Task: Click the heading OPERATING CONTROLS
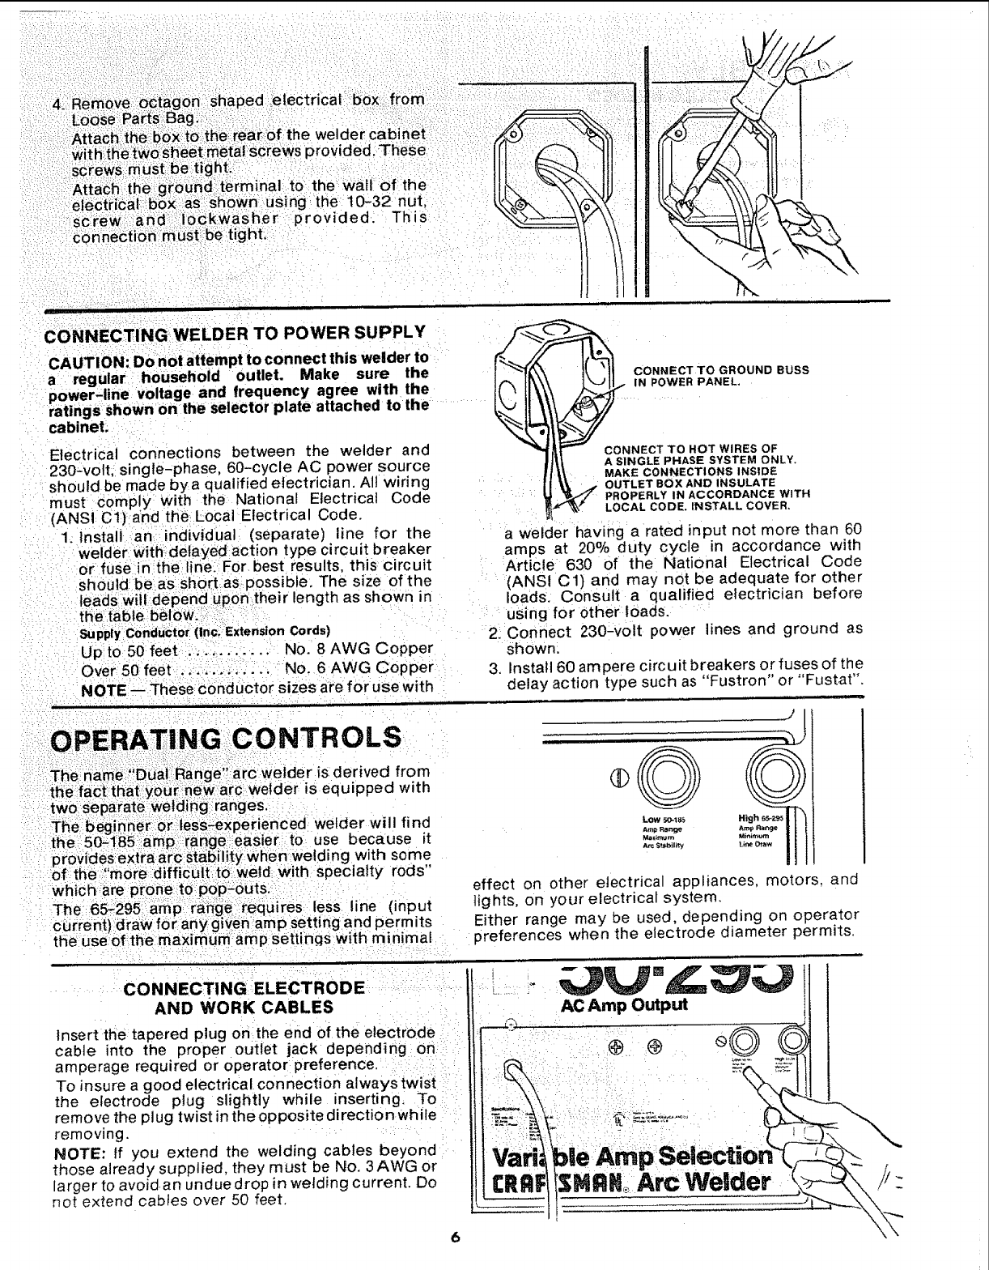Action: [226, 739]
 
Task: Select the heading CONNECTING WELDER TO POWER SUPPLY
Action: [234, 333]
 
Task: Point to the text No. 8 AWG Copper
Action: [359, 650]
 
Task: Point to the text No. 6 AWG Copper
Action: [359, 670]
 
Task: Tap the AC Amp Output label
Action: [624, 1005]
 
